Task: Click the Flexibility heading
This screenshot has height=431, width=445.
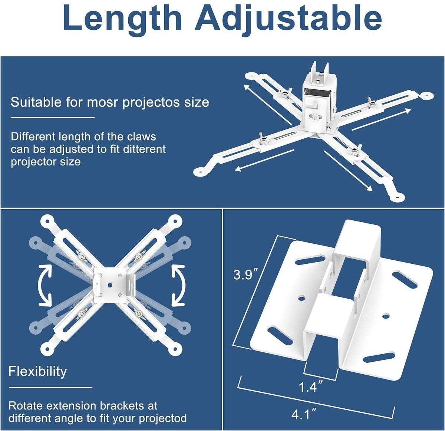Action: [x=37, y=371]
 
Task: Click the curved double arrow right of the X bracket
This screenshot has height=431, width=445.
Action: [x=178, y=285]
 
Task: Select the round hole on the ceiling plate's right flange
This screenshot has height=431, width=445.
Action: [x=386, y=316]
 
